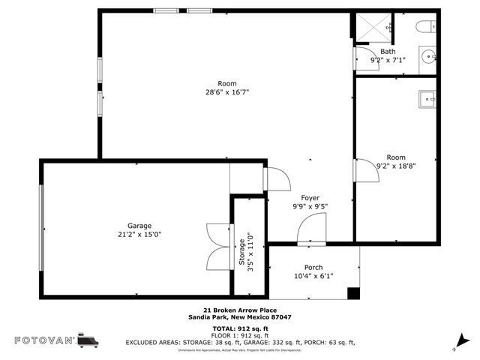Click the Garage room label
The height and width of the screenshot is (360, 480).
click(x=139, y=226)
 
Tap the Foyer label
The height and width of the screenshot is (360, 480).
click(x=310, y=198)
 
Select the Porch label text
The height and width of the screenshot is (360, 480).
click(x=313, y=268)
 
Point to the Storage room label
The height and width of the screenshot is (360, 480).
click(x=241, y=251)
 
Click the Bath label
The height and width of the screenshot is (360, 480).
click(x=388, y=52)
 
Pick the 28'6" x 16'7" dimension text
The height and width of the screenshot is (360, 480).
click(x=227, y=92)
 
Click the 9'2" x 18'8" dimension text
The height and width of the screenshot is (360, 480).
click(x=395, y=166)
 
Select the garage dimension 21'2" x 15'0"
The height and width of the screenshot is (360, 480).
click(x=139, y=234)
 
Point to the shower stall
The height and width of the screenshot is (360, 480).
click(x=373, y=28)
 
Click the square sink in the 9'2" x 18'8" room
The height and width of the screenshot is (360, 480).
click(x=427, y=97)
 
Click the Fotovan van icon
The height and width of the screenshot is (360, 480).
click(x=88, y=340)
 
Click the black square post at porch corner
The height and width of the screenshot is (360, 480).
click(x=353, y=293)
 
